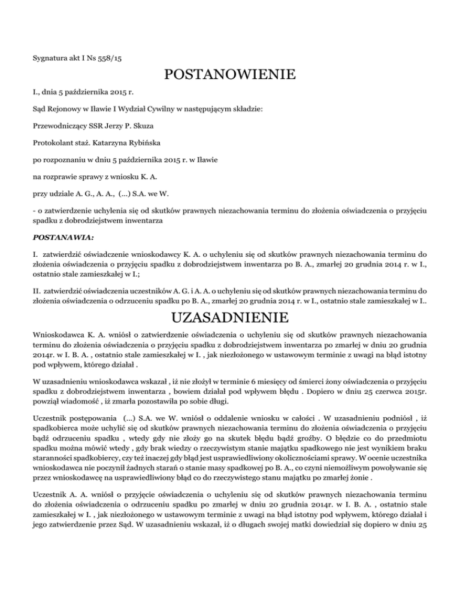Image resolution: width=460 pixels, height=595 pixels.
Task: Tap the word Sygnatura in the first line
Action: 49,59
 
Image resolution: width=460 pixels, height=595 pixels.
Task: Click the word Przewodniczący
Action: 59,126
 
